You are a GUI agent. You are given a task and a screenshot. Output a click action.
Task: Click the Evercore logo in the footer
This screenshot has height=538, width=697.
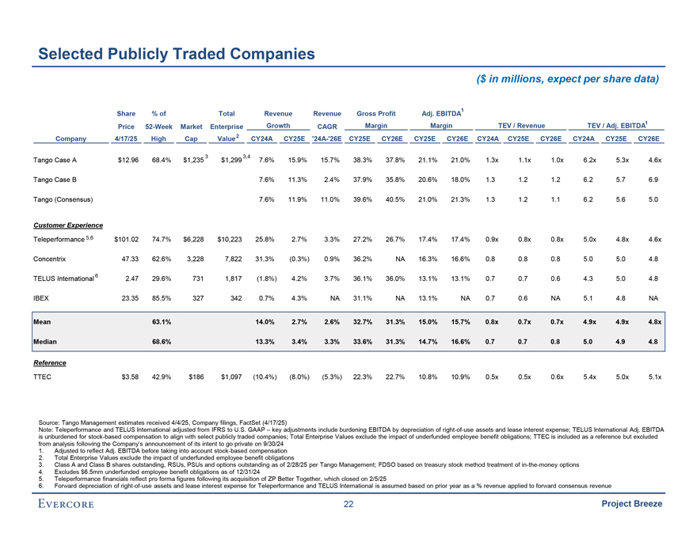74,507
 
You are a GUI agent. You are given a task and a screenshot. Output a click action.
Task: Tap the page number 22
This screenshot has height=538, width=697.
348,507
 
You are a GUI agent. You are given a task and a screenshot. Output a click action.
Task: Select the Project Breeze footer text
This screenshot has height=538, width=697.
631,507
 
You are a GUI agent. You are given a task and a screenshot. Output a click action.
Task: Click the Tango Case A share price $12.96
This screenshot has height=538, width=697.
128,161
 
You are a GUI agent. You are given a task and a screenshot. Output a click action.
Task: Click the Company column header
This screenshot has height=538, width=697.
69,138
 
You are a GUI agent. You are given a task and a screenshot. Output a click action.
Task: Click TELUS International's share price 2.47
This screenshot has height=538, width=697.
130,278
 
